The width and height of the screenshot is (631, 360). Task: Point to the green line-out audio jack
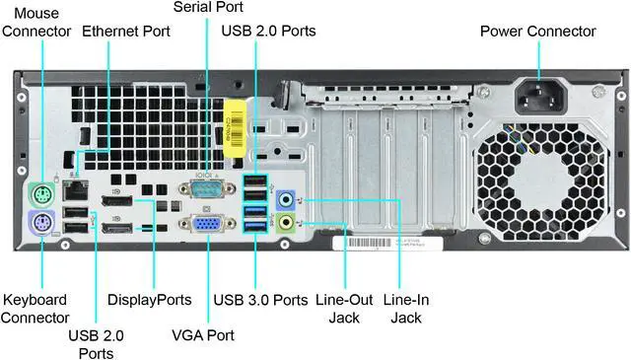click(x=286, y=223)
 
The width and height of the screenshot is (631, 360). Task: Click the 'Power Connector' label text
click(x=537, y=32)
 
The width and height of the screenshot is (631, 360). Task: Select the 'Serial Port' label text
click(x=207, y=8)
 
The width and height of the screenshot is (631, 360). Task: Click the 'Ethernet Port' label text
click(x=126, y=32)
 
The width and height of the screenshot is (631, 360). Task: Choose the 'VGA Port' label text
click(x=203, y=336)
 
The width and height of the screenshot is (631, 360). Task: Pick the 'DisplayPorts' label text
click(x=149, y=300)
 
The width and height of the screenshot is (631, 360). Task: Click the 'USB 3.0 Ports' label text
click(x=260, y=300)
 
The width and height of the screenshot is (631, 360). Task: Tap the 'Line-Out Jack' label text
click(x=342, y=309)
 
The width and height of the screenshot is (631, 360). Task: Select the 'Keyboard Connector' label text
click(x=35, y=309)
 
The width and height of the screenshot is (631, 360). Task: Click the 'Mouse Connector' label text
click(x=36, y=22)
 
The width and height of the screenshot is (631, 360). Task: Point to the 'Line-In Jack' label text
click(x=405, y=309)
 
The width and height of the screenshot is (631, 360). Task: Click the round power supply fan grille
click(x=542, y=189)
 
